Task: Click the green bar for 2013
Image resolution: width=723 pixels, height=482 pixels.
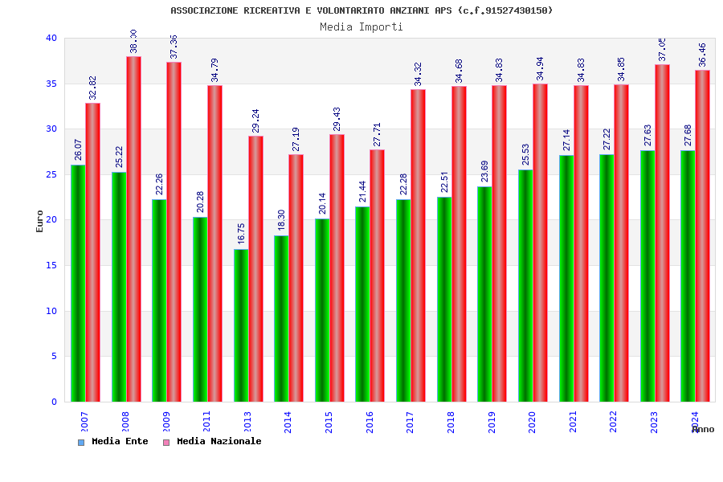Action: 241,325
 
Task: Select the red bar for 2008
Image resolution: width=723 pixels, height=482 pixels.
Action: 133,229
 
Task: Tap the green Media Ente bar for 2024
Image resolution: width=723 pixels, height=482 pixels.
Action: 688,276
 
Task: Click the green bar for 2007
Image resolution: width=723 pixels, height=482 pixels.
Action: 78,283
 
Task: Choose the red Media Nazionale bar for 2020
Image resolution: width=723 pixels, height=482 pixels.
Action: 540,243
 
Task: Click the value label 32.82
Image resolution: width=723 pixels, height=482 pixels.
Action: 93,88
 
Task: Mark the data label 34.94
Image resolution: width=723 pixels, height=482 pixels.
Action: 540,68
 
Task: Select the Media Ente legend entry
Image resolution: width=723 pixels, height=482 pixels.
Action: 113,442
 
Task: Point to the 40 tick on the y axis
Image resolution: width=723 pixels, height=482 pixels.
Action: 51,38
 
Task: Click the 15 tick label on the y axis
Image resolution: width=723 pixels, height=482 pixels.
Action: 51,265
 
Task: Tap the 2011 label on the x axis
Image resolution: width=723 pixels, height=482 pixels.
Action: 206,422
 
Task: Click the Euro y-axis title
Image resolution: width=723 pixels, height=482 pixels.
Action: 40,221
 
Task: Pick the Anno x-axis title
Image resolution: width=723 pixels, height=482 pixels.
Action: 703,429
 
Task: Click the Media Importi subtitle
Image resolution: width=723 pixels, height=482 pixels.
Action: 361,27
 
